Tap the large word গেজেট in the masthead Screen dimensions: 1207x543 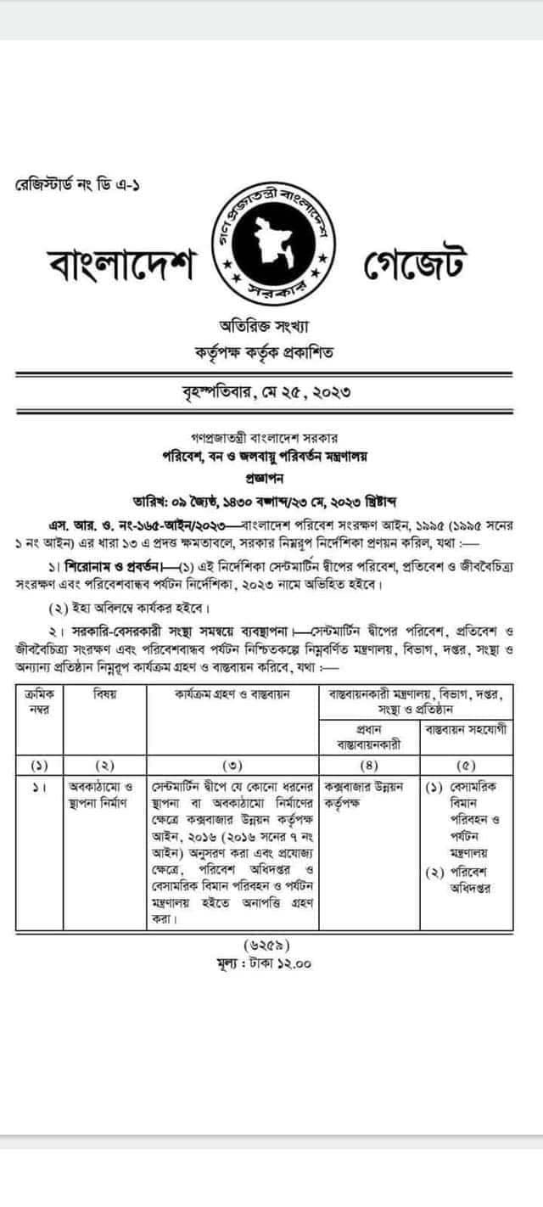pyautogui.click(x=416, y=267)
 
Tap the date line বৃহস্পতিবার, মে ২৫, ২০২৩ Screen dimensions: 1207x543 pyautogui.click(x=271, y=393)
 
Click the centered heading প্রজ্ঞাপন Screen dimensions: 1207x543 pyautogui.click(x=271, y=477)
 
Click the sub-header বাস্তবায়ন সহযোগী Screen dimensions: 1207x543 pyautogui.click(x=464, y=730)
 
